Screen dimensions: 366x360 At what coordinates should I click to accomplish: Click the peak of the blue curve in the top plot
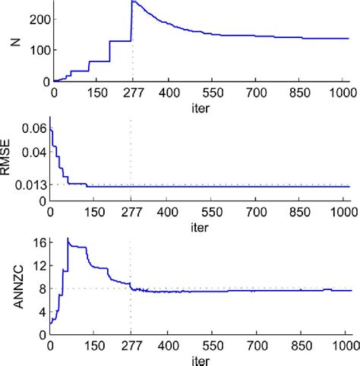[x=133, y=2]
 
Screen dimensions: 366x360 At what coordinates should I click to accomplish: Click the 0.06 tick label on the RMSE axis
[x=34, y=130]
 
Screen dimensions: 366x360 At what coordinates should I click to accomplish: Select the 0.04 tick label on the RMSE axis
[x=34, y=152]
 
